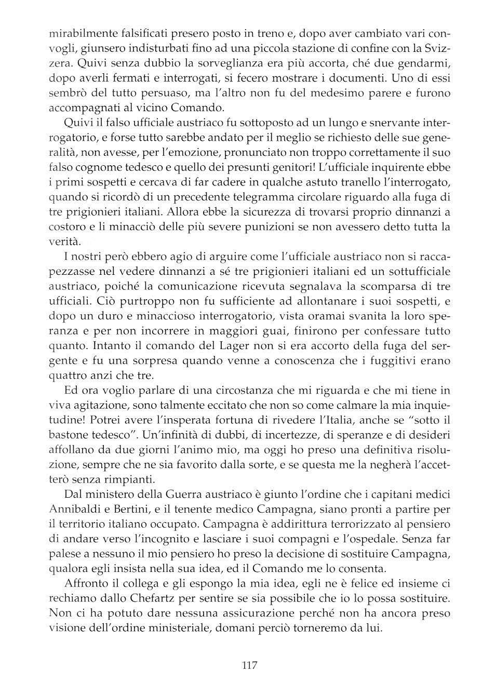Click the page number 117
pos(249,665)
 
